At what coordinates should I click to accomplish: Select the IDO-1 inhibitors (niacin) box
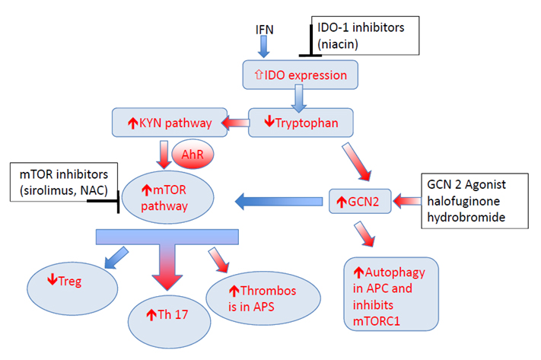tap(364, 34)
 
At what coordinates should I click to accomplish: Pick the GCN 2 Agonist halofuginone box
tap(476, 201)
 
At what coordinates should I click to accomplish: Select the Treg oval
tap(72, 282)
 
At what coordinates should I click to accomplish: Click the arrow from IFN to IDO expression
tap(263, 46)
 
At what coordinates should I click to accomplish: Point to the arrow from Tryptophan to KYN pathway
tap(237, 123)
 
